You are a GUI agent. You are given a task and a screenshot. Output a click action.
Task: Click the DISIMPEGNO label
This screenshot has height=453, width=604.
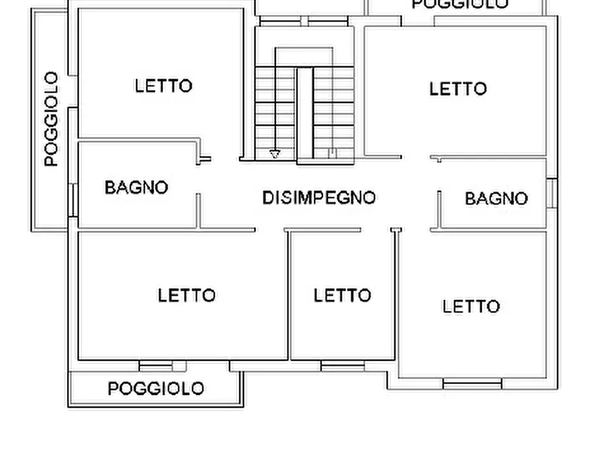click(319, 198)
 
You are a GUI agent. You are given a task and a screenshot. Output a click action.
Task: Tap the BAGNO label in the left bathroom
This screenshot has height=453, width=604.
click(136, 187)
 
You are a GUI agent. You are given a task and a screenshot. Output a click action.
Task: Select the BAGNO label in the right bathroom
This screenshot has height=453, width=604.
click(496, 199)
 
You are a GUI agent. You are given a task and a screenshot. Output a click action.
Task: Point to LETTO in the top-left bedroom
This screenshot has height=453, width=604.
click(164, 86)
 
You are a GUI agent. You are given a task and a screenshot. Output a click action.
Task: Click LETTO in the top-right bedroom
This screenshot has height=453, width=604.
click(458, 89)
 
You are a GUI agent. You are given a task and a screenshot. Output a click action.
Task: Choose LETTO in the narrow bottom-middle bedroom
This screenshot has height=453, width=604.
click(342, 295)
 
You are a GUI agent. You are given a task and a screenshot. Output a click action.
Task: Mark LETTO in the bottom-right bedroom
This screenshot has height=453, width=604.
click(471, 306)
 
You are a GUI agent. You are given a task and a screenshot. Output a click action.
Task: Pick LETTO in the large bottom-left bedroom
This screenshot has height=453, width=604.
click(187, 295)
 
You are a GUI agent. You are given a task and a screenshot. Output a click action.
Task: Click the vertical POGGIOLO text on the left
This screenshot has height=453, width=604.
click(51, 119)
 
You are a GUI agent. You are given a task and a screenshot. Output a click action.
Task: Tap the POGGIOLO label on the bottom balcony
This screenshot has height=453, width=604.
click(156, 389)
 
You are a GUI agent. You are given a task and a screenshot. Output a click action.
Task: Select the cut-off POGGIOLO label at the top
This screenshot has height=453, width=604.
click(460, 4)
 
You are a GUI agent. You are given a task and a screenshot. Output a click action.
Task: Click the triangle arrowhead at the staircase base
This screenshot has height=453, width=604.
click(275, 154)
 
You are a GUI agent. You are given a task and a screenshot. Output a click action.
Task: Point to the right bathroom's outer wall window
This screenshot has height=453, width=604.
click(552, 193)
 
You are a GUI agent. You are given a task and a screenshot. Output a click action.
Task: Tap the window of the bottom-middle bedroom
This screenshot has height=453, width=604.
click(342, 366)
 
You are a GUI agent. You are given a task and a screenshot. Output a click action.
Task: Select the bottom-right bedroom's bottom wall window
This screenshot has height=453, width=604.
click(472, 383)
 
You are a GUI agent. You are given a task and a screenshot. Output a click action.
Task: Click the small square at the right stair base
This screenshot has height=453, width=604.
click(332, 153)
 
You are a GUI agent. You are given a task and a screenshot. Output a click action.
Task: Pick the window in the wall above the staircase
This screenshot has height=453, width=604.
click(304, 22)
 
